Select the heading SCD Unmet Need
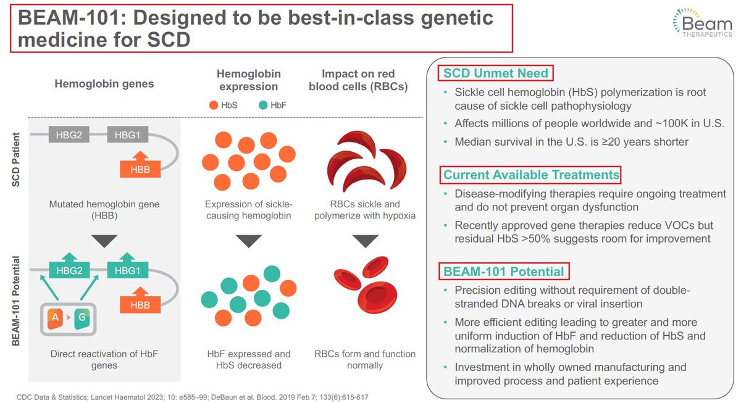pos(496,73)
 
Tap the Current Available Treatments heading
pos(531,175)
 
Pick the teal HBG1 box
pos(127,269)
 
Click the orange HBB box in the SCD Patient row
pos(140,168)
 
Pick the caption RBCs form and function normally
pos(365,360)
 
